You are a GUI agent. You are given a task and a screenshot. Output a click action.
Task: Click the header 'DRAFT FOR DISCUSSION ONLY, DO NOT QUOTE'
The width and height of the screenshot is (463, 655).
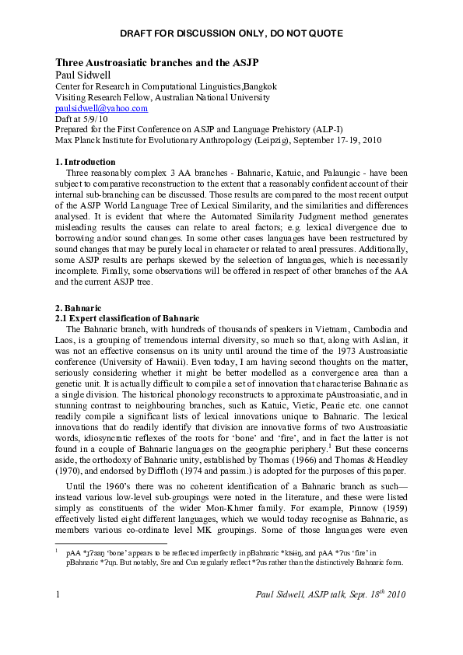[x=231, y=33]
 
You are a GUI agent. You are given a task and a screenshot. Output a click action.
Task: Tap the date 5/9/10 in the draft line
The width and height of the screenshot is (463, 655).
[x=96, y=121]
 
